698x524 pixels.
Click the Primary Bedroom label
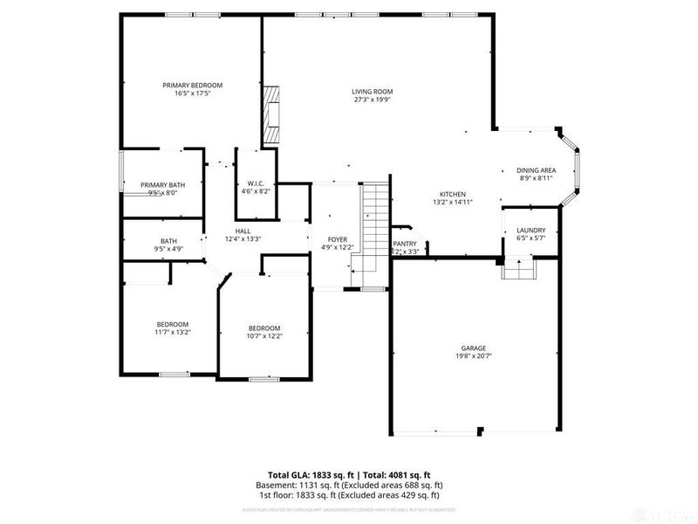[192, 85]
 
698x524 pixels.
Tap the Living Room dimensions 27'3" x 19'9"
[372, 100]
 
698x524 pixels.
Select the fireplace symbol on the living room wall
[271, 114]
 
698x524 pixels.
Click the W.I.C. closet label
[256, 183]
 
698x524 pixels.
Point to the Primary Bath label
[163, 184]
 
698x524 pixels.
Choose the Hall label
[243, 231]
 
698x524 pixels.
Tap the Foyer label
[338, 238]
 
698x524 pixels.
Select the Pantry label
[405, 244]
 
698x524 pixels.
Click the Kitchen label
[452, 194]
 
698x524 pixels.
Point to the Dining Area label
[537, 170]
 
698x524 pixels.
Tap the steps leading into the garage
[517, 269]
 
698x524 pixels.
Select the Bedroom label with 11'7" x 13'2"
[172, 324]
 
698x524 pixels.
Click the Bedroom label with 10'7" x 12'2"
[263, 328]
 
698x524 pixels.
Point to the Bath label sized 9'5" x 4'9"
[168, 241]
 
